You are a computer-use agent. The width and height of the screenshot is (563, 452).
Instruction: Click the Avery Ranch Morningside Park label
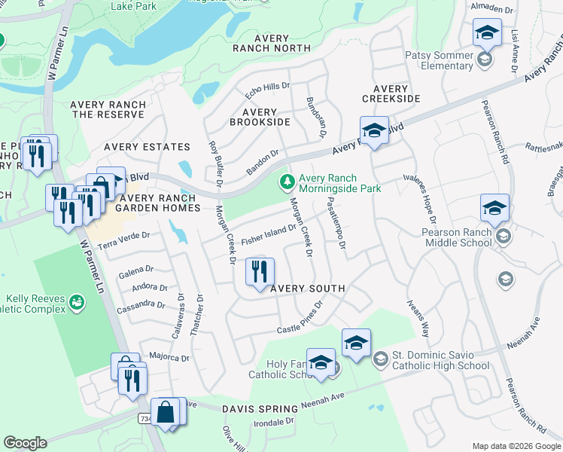pyautogui.click(x=339, y=183)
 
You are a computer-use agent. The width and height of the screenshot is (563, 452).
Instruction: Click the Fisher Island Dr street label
pyautogui.click(x=268, y=234)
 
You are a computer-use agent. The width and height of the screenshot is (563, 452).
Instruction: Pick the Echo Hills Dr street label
pyautogui.click(x=267, y=90)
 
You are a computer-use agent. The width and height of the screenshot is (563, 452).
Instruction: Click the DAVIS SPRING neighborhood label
pyautogui.click(x=259, y=408)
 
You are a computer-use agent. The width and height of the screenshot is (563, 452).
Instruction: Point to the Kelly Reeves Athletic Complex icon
pyautogui.click(x=76, y=303)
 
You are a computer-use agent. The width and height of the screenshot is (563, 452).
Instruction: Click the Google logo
pyautogui.click(x=25, y=443)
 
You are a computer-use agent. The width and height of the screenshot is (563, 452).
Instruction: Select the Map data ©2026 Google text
pyautogui.click(x=516, y=446)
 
